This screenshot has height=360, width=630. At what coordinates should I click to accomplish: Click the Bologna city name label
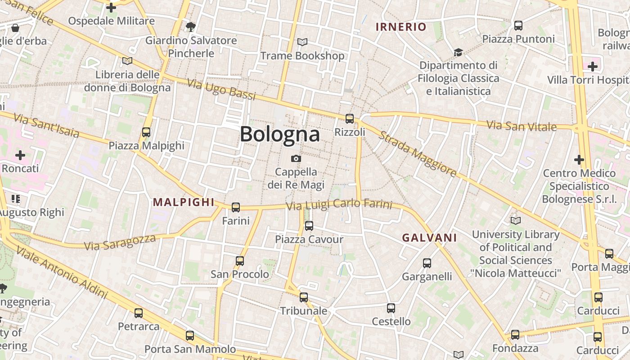point(279,134)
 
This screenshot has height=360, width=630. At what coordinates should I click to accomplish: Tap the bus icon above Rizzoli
point(350,119)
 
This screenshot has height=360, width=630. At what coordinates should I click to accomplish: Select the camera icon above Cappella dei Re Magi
point(296,158)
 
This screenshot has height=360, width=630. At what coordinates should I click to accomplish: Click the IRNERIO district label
point(400,27)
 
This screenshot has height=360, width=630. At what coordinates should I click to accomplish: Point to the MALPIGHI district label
point(184,202)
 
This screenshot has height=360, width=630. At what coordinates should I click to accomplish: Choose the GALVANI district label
point(429,238)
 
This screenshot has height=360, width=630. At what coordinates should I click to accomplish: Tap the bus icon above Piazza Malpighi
point(146,132)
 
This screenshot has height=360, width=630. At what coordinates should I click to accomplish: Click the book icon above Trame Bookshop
point(302,42)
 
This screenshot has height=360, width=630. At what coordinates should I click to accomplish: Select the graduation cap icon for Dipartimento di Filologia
point(458,52)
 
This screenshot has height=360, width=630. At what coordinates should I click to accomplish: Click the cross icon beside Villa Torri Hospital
point(593,67)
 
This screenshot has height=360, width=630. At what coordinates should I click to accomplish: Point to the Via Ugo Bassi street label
point(221,90)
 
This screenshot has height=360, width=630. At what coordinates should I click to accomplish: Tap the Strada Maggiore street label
point(418,154)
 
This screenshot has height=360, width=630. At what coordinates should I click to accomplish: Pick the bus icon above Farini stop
point(236,207)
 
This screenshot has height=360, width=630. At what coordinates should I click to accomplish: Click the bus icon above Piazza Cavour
point(309,226)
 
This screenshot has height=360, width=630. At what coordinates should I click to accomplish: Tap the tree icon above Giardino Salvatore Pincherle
point(191,27)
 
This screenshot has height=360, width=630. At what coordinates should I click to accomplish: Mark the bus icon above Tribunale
point(304,297)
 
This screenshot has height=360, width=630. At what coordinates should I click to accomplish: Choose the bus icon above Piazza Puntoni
point(518,26)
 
